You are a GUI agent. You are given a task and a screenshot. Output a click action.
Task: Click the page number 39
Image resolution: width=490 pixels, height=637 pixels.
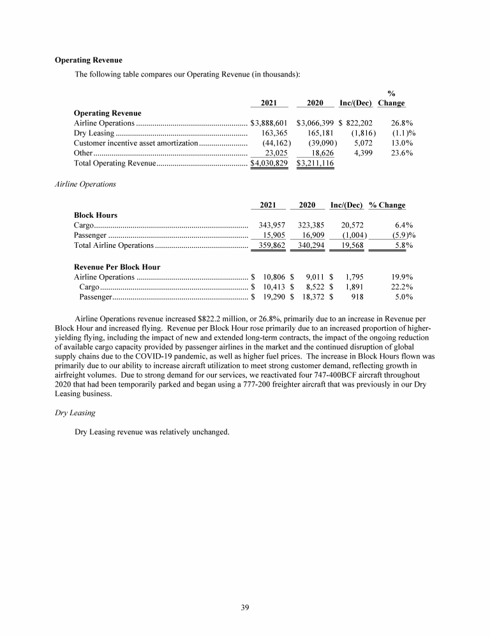click(245, 607)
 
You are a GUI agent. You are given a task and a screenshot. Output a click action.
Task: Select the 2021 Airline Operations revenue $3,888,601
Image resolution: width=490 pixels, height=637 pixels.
click(271, 122)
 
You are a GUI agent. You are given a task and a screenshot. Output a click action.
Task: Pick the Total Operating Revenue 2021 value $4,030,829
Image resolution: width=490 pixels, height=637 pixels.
click(271, 163)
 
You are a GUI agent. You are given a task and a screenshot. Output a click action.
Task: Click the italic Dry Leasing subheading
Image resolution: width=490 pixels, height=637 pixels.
click(75, 413)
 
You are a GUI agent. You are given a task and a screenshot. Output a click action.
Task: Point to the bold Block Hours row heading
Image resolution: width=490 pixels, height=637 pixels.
click(96, 215)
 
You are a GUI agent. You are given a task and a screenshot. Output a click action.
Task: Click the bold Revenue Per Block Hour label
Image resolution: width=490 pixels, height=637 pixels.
click(117, 266)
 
